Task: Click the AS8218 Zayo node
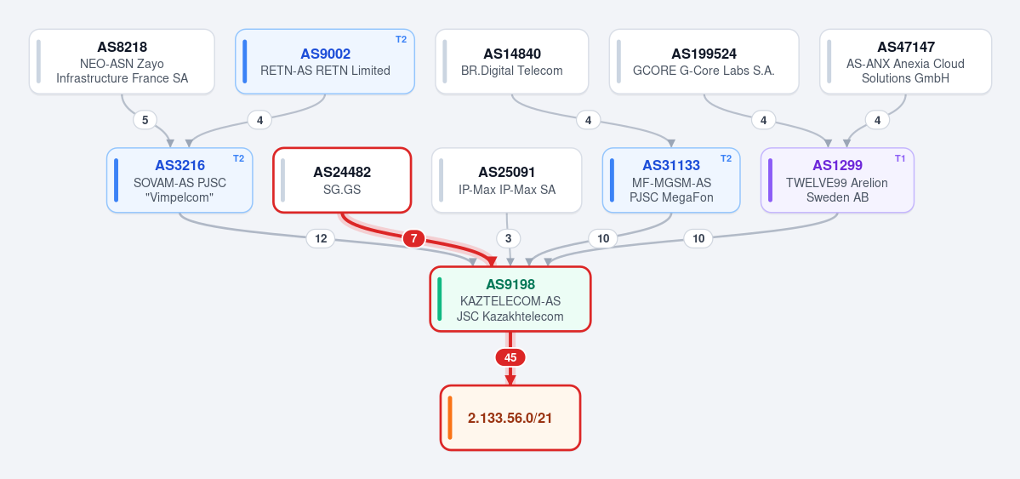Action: (122, 61)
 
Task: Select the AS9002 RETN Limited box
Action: (325, 61)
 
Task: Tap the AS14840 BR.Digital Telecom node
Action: (512, 61)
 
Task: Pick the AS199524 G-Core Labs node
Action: (704, 61)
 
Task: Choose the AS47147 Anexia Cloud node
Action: (905, 61)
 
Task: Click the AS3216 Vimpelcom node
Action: (179, 180)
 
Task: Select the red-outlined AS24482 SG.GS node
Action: (342, 180)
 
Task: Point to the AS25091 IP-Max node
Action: (507, 180)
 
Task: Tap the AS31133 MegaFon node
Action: (671, 180)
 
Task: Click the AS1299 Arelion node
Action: (837, 180)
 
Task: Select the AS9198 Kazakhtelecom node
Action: (510, 299)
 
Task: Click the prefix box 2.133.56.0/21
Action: (510, 418)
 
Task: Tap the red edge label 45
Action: (510, 357)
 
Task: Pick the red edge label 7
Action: (413, 239)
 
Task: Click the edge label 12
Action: (321, 239)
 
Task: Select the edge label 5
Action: (145, 120)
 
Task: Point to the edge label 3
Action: (509, 239)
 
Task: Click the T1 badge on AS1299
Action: (900, 158)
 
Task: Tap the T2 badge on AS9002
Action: (401, 39)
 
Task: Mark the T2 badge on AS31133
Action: (726, 158)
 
